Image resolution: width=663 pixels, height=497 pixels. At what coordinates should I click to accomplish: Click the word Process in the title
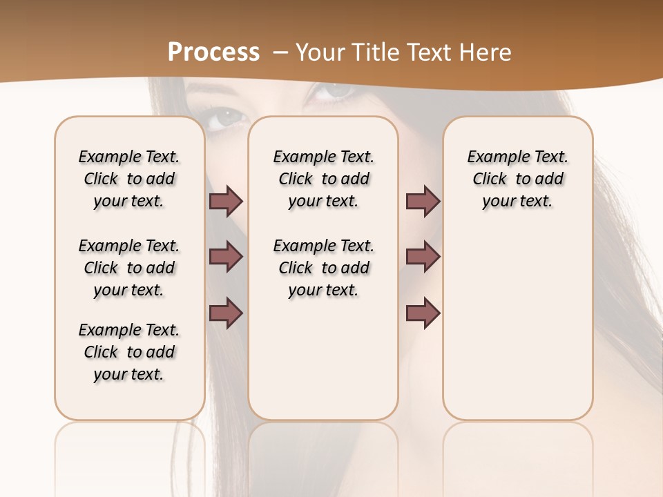point(213,52)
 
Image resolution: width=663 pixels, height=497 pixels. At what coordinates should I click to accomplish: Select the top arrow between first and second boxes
point(226,201)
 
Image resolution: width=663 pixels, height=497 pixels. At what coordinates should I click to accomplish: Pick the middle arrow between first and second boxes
point(226,257)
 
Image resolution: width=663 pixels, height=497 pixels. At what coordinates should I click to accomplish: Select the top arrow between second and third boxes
point(423,201)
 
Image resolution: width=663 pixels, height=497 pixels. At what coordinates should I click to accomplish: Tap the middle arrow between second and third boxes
point(423,257)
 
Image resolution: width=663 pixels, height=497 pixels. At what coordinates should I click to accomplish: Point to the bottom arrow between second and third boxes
point(423,313)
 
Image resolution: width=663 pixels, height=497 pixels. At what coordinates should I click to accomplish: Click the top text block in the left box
point(129,179)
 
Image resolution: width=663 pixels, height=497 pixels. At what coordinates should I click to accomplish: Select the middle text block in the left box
point(129,268)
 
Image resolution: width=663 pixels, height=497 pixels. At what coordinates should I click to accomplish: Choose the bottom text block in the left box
point(129,352)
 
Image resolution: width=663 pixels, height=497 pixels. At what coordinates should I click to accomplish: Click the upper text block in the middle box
point(324,179)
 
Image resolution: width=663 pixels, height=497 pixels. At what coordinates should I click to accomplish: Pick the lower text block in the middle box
point(324,268)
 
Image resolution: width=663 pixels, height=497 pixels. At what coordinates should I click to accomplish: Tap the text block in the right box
point(518,179)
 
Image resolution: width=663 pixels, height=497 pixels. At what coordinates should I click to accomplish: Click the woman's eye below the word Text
point(336,90)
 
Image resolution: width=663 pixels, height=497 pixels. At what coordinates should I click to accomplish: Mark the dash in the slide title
point(280,52)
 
